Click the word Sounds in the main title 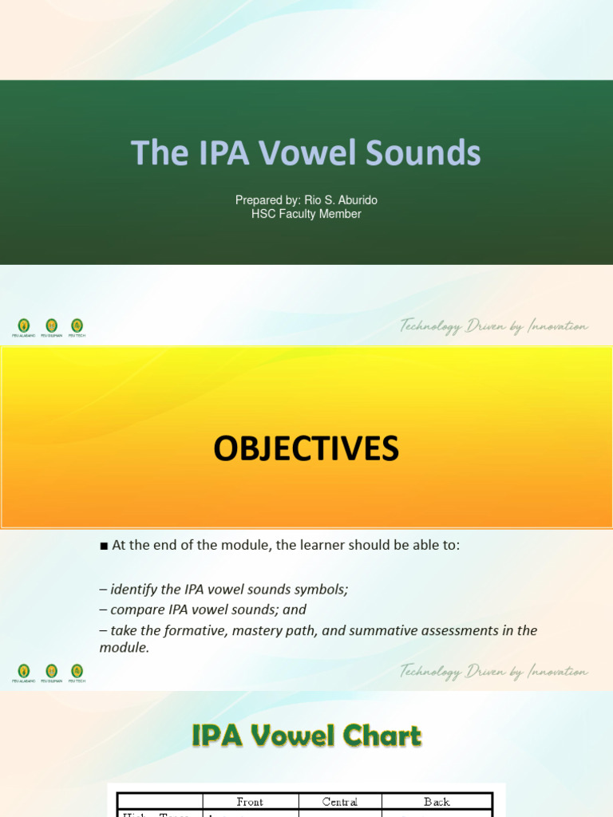(x=437, y=152)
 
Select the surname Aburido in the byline (x=352, y=200)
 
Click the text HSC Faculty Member (x=306, y=214)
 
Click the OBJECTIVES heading (x=306, y=449)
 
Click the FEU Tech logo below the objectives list (x=77, y=672)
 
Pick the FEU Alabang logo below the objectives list (x=24, y=672)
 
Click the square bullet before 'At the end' (x=104, y=547)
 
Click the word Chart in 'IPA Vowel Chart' (x=382, y=736)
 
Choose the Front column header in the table (x=250, y=801)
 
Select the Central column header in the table (x=341, y=801)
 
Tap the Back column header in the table (x=437, y=801)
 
